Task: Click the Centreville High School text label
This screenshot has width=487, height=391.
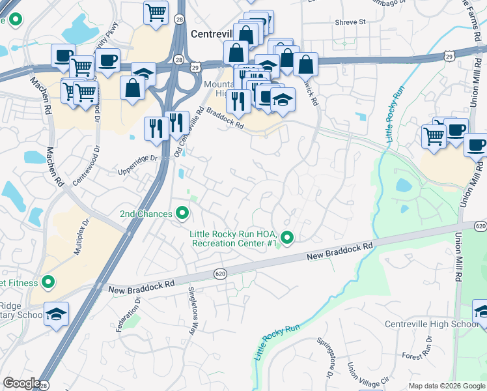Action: [432, 325]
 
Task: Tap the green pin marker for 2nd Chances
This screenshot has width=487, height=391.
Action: [183, 213]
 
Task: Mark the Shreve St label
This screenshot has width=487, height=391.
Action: [350, 22]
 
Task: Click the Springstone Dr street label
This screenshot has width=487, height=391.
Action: [325, 358]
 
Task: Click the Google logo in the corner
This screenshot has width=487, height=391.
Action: [21, 383]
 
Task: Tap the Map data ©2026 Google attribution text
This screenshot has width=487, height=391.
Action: [446, 386]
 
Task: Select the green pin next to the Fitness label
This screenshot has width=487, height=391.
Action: [47, 282]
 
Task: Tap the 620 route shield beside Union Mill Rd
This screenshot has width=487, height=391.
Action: [480, 225]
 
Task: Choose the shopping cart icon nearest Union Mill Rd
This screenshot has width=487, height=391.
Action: [434, 136]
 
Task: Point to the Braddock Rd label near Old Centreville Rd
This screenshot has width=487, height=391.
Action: [225, 119]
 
